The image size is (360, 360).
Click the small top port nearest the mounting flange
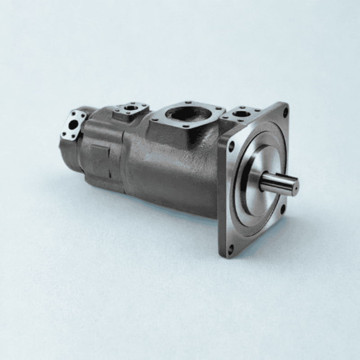(x=243, y=114)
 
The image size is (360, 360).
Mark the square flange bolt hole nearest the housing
(x=231, y=146)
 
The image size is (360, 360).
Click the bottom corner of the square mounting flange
(x=228, y=255)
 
